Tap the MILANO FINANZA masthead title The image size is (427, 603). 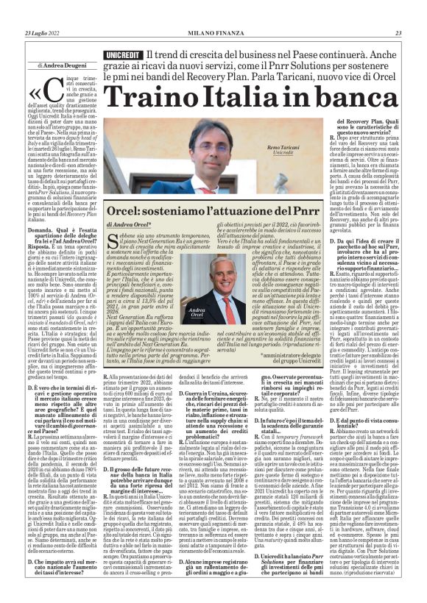click(x=213, y=32)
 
